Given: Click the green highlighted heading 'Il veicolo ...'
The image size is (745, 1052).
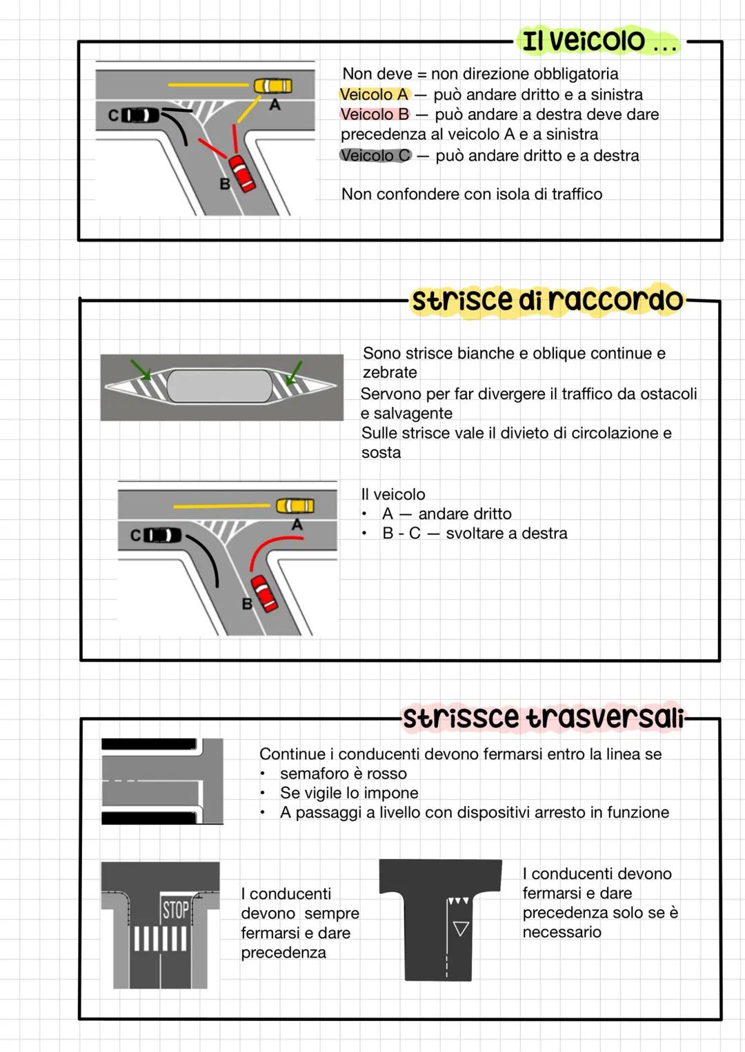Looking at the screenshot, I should coord(597,41).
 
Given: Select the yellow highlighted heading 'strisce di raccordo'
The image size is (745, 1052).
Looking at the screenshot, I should coord(547,301).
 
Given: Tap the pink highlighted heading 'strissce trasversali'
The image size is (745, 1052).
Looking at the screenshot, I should coord(542,718).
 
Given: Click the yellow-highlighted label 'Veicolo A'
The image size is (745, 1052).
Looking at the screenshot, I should coord(374,94).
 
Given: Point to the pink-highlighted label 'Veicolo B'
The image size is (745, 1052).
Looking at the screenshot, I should coord(375,114).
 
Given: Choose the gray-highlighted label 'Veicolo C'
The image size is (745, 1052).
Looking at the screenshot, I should coord(375,156).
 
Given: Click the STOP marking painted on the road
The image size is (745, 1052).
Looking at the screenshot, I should coord(175,910).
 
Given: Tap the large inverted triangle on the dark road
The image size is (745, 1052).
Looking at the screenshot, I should coord(461,929).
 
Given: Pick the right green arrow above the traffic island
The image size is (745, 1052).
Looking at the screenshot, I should coord(295,371).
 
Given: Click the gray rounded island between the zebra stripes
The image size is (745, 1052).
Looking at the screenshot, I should coord(219,386).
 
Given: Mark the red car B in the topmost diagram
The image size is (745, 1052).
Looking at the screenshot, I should coord(242,173).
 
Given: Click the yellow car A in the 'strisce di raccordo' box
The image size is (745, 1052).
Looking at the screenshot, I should coord(295,506).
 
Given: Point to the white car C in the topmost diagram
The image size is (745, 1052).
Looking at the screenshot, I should coord(140,115).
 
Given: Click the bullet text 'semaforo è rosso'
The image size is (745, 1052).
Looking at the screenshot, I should coord(343,773).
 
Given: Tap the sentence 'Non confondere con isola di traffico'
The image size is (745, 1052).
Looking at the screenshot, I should coord(472,194).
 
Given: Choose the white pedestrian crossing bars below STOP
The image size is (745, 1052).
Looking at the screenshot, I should coord(160,938).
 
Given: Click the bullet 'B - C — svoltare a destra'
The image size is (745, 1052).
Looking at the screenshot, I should coord(475,534).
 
